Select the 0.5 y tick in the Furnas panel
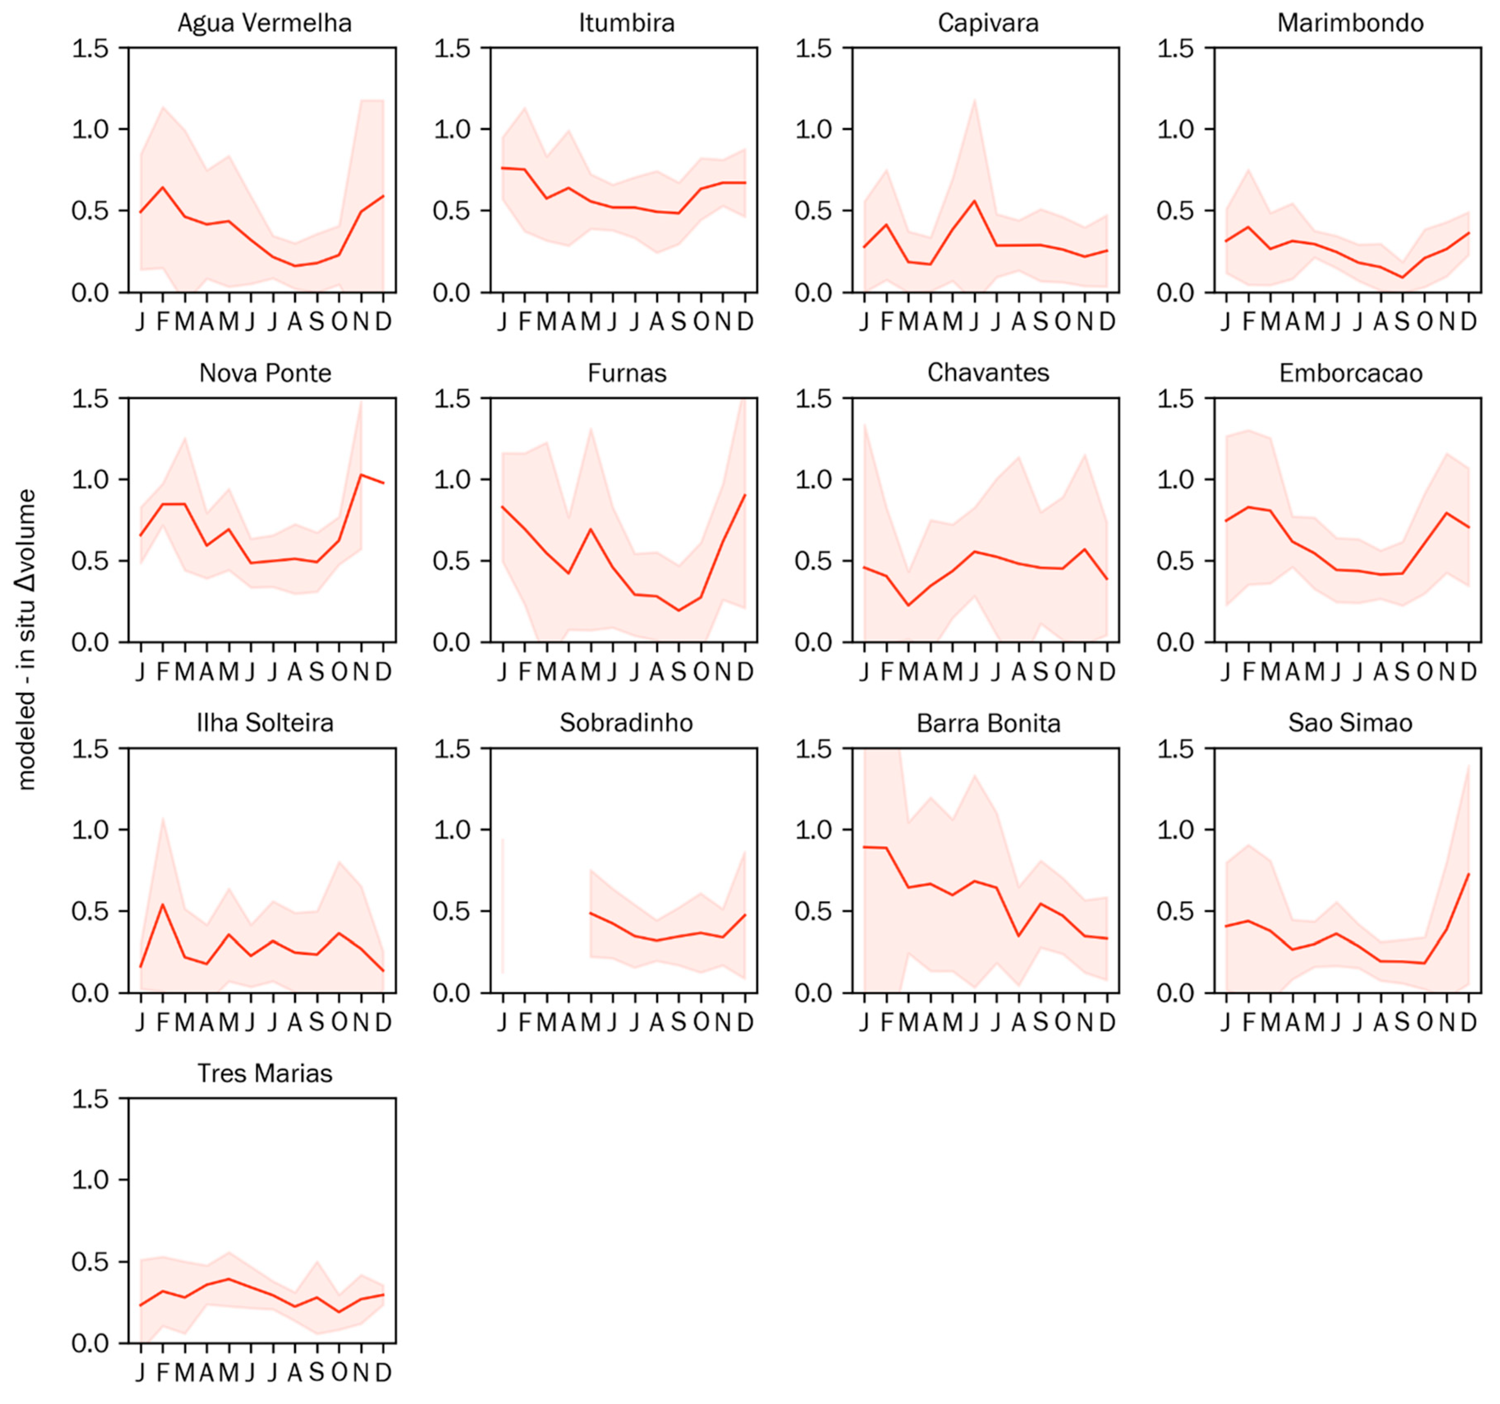[x=451, y=561]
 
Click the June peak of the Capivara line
[x=974, y=201]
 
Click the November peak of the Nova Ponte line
[x=362, y=475]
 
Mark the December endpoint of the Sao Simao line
[x=1468, y=874]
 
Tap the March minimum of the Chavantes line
[x=909, y=605]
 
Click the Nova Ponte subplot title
[x=265, y=373]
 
